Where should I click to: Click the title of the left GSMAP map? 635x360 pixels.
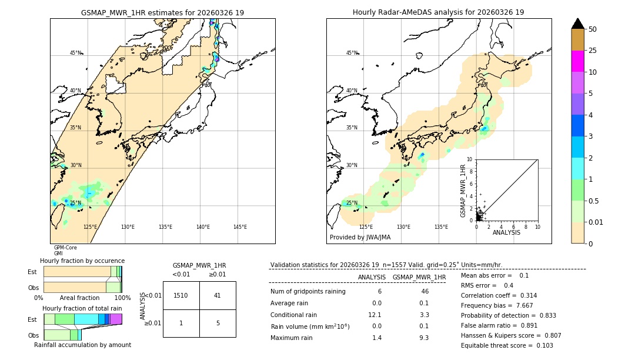tap(162, 12)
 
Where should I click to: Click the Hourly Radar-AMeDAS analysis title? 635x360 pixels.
tap(438, 12)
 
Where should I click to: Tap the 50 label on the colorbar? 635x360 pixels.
tap(593, 29)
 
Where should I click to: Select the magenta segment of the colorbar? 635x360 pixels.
tap(577, 61)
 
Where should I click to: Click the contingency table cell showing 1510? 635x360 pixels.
tap(181, 295)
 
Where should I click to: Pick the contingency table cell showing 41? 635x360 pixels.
tap(217, 295)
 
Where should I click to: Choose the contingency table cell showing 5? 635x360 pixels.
tap(217, 323)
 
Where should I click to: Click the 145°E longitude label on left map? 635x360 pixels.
tap(240, 227)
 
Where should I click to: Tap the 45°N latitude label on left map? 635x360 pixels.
tap(75, 53)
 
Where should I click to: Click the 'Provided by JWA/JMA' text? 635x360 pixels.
tap(360, 238)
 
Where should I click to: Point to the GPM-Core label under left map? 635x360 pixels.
tap(65, 248)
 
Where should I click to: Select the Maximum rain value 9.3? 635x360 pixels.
tap(423, 338)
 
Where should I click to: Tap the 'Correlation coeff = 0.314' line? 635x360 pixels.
tap(499, 295)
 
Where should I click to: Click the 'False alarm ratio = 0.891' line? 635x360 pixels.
tap(499, 325)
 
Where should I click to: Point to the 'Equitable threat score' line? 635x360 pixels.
tap(499, 345)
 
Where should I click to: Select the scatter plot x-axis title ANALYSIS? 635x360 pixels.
tap(506, 232)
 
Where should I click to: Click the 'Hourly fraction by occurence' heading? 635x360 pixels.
tap(82, 261)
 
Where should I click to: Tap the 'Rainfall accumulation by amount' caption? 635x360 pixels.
tap(82, 345)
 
